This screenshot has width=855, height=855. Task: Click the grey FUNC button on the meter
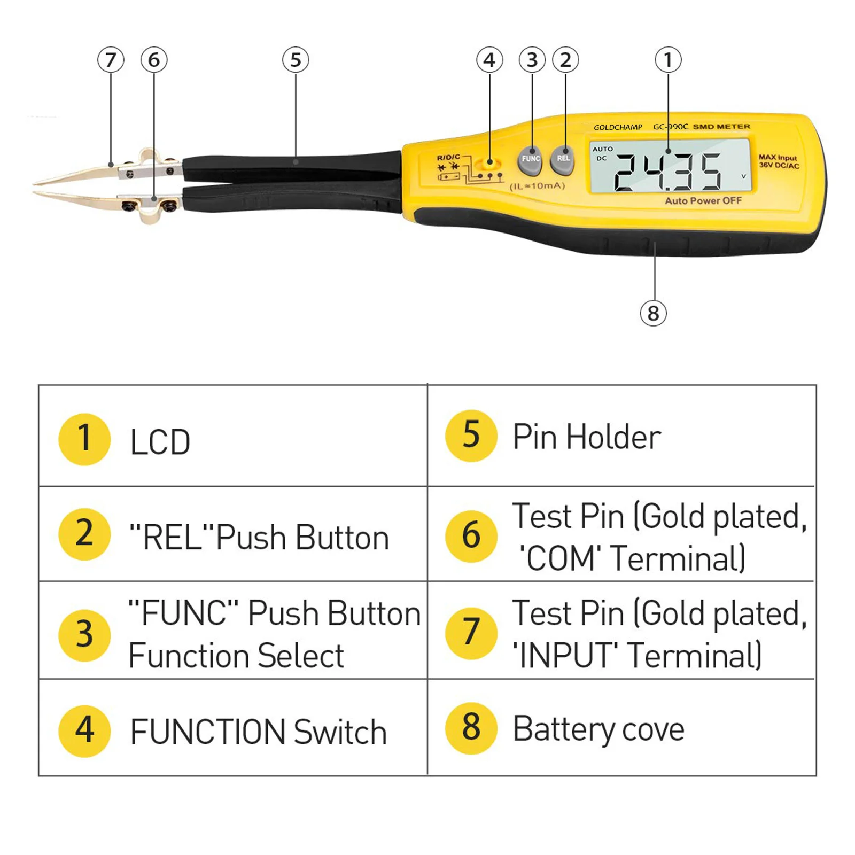(x=530, y=160)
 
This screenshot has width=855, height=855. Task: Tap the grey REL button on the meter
(x=563, y=159)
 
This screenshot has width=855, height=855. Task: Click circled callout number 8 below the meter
(x=653, y=313)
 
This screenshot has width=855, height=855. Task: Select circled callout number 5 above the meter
(x=296, y=60)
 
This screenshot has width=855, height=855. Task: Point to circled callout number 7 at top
(x=111, y=60)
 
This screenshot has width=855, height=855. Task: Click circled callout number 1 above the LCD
(x=668, y=60)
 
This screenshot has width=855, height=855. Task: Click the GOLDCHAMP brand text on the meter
(x=618, y=127)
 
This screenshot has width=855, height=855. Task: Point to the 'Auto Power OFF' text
(x=703, y=201)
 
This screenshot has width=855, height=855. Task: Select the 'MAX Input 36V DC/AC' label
(x=779, y=161)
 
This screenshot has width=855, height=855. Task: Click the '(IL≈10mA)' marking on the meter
(x=537, y=186)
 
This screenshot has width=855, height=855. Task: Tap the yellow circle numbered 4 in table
(x=84, y=730)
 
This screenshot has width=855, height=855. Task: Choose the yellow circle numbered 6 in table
(x=471, y=535)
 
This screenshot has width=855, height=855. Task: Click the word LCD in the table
(x=160, y=442)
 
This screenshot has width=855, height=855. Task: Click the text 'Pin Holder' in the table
(x=587, y=437)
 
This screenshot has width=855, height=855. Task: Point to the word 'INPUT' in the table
(x=566, y=656)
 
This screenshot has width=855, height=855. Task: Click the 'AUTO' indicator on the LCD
(x=603, y=149)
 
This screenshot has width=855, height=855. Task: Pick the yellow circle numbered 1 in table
(x=84, y=439)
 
